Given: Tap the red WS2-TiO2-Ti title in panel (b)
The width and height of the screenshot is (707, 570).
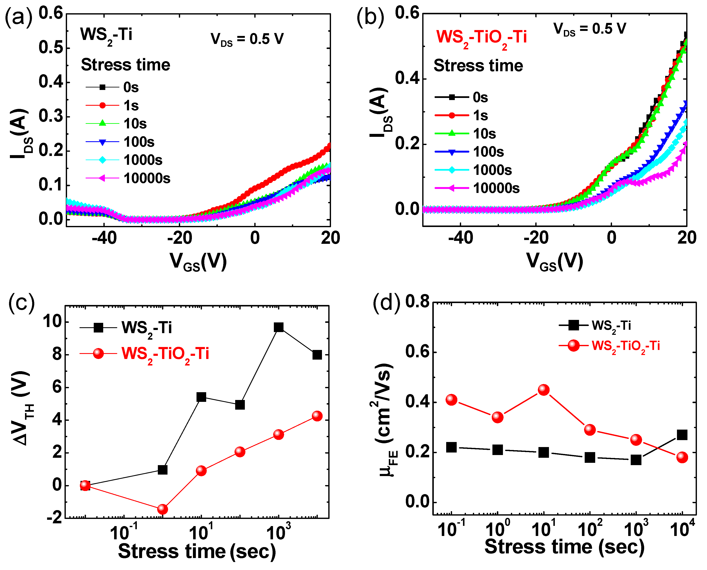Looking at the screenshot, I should [481, 37].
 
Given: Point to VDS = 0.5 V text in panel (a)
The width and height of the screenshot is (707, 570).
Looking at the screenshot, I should [247, 39].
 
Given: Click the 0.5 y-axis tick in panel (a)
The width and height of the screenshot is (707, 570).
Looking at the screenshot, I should [51, 48].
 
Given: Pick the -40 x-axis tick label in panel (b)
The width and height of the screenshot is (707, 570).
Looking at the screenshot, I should [460, 238].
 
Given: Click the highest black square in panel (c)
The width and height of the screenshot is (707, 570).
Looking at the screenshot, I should [278, 327].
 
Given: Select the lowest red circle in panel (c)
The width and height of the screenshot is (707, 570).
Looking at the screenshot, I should [162, 509].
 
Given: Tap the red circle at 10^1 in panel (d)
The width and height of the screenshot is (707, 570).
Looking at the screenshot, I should [544, 390].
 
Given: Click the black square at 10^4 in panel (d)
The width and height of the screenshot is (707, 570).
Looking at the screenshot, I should [682, 435].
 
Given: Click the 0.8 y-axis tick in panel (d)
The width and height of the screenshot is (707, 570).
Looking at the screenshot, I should [417, 301].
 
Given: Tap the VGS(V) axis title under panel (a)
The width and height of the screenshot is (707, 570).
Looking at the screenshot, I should [198, 262].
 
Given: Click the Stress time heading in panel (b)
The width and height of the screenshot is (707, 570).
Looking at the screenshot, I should [478, 66].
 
